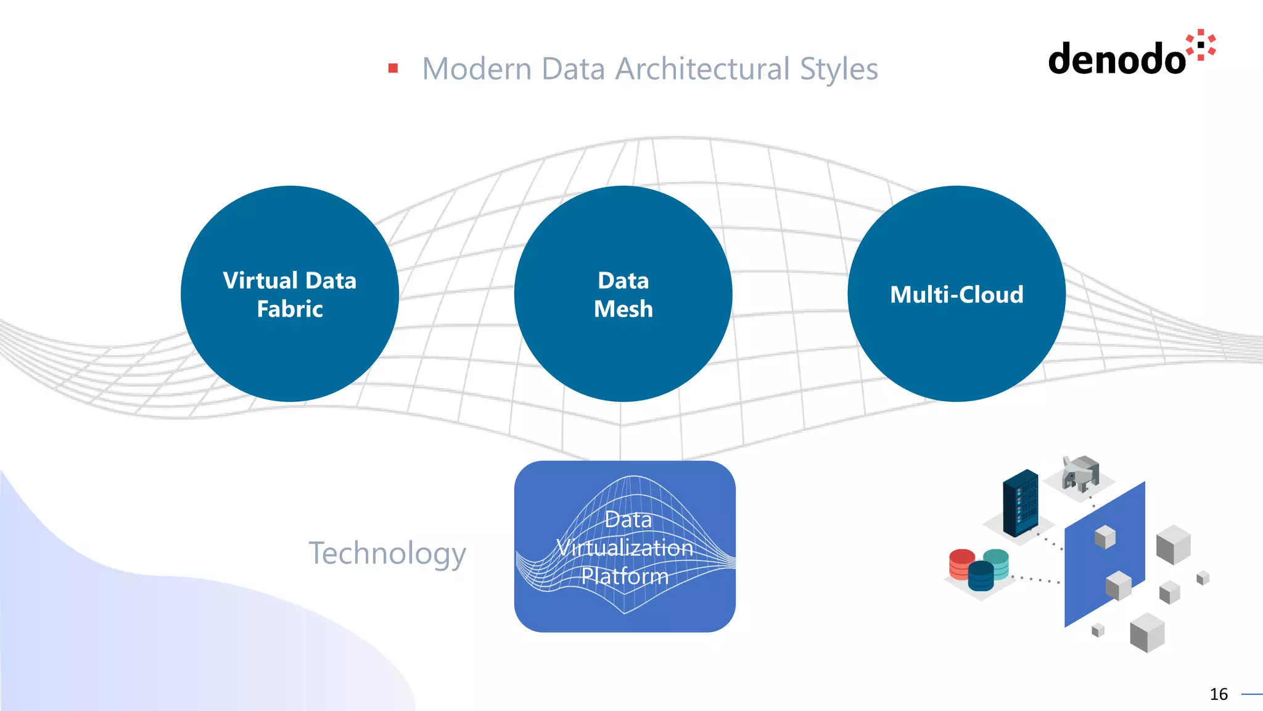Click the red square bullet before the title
tap(393, 68)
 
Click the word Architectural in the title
tap(702, 69)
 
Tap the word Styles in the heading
tap(839, 69)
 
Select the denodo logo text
tap(1117, 59)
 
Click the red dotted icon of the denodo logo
tap(1201, 45)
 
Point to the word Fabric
tap(290, 309)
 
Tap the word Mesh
tap(623, 309)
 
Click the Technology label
tap(387, 553)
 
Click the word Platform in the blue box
tap(625, 576)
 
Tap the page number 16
tap(1219, 694)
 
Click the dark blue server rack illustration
tap(1020, 502)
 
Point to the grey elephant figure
tap(1080, 473)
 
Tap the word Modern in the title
tap(477, 69)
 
